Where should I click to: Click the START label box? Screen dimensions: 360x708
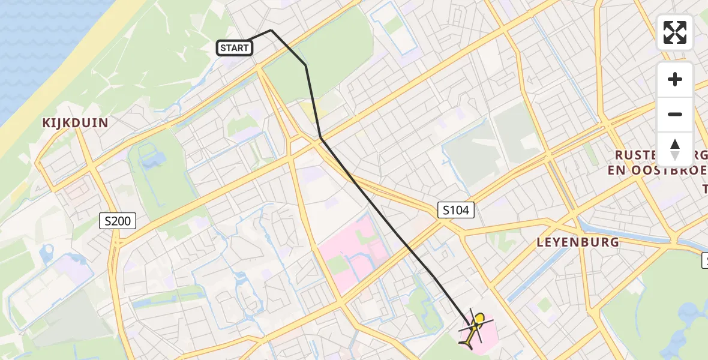pyautogui.click(x=234, y=48)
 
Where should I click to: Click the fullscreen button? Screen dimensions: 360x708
pyautogui.click(x=675, y=32)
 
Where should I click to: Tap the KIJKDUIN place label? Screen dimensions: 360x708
pyautogui.click(x=75, y=123)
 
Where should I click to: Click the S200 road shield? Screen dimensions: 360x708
pyautogui.click(x=118, y=221)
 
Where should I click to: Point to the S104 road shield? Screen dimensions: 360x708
pyautogui.click(x=456, y=210)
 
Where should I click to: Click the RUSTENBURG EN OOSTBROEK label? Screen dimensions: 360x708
pyautogui.click(x=660, y=162)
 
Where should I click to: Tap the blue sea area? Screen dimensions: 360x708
pyautogui.click(x=30, y=48)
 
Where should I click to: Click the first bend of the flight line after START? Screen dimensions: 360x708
pyautogui.click(x=271, y=30)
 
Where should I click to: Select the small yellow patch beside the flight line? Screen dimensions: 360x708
pyautogui.click(x=310, y=110)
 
